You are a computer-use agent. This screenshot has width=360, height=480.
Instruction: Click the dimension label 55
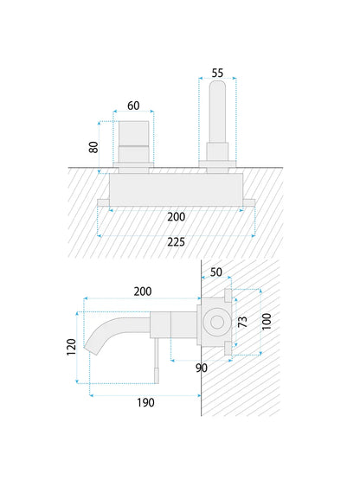click(217, 74)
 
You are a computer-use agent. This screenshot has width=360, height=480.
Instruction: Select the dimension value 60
click(133, 106)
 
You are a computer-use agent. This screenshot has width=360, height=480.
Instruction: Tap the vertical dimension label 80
click(93, 147)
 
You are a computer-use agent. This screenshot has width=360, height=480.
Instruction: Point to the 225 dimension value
click(177, 242)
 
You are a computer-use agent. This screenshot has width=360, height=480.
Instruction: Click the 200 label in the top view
click(177, 217)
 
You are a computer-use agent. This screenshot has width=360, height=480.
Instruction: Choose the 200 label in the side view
click(143, 291)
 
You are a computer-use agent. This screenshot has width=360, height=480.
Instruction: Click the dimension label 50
click(216, 272)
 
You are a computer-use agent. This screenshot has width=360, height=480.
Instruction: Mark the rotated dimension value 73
click(242, 322)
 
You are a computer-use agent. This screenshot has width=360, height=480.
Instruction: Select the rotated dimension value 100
click(267, 322)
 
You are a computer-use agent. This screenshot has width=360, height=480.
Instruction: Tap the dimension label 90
click(202, 368)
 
